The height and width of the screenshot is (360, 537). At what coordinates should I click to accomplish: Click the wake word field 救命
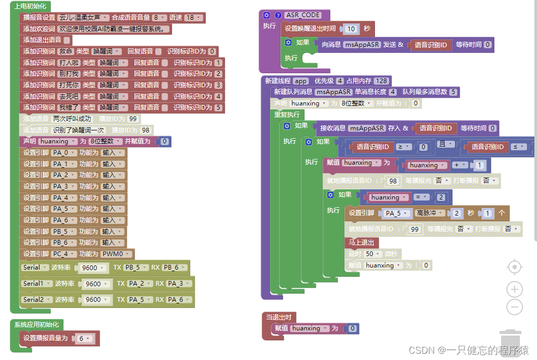66,51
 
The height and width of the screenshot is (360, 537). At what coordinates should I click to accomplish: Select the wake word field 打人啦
69,63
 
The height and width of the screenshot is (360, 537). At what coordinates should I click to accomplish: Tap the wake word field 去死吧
69,97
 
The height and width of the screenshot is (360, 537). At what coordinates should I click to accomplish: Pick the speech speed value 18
192,18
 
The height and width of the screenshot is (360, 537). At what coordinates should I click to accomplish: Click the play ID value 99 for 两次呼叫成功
132,119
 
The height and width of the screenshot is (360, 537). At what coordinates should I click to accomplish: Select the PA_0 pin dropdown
63,153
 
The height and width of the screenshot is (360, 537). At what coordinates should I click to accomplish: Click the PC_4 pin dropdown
63,254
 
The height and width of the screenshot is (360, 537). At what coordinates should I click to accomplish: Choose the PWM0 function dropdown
117,254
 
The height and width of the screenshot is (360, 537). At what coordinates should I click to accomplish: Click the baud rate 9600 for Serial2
95,299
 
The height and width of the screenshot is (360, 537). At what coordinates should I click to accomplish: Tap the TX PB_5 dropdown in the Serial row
135,268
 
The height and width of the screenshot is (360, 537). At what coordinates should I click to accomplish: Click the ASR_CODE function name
303,15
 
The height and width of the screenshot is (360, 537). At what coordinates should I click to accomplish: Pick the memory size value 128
382,81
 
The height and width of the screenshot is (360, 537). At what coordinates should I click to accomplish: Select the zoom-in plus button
514,289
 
